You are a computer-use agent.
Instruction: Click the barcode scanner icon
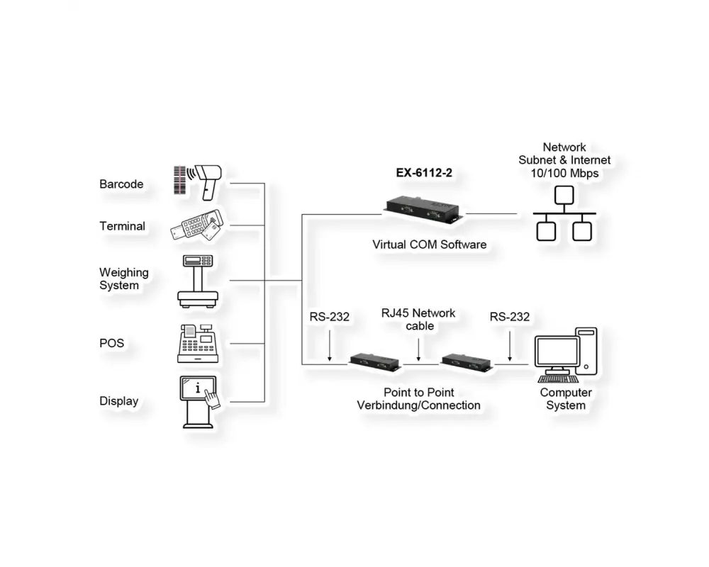(199, 181)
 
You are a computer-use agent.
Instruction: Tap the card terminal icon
(196, 226)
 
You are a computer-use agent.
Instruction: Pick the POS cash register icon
(196, 343)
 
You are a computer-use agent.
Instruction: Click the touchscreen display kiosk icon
(199, 401)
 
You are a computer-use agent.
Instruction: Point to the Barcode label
(121, 184)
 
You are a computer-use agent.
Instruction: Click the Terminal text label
(122, 226)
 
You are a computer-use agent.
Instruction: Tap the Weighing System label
(124, 279)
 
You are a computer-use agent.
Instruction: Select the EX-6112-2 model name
(424, 172)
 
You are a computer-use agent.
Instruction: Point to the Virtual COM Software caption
(430, 245)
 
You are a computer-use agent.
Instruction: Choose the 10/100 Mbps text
(564, 174)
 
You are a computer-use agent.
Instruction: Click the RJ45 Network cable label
(418, 320)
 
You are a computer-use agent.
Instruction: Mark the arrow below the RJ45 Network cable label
(419, 351)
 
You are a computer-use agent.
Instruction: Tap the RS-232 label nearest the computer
(509, 317)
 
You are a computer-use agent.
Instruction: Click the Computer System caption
(566, 399)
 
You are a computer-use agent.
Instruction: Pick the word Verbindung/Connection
(418, 405)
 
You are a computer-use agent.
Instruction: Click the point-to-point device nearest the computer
(467, 361)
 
